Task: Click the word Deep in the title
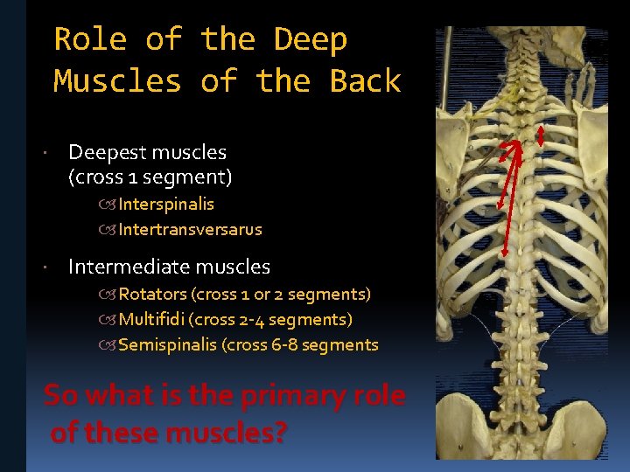click(x=311, y=39)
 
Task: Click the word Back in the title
click(x=365, y=81)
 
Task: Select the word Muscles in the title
click(x=117, y=81)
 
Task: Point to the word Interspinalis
click(x=166, y=205)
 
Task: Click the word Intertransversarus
click(x=190, y=231)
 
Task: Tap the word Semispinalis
click(x=168, y=345)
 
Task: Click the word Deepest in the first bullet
click(x=103, y=152)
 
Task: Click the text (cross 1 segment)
click(x=150, y=178)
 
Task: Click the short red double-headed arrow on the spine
click(x=541, y=135)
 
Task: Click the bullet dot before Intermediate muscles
click(x=56, y=267)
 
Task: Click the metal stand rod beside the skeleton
click(x=446, y=70)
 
